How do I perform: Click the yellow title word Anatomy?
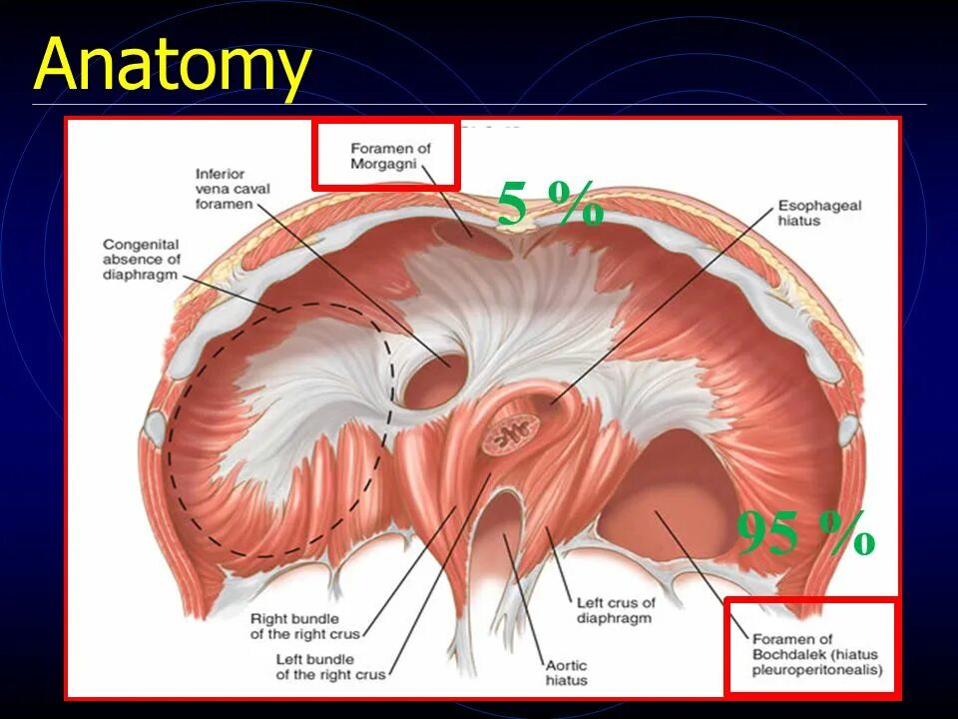pos(172,66)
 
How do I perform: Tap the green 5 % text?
pos(550,206)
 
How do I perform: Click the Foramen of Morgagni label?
pos(390,156)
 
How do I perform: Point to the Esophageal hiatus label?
pos(819,213)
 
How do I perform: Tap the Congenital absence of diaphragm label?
pos(140,259)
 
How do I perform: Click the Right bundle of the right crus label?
pos(305,626)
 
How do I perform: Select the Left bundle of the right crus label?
pos(330,667)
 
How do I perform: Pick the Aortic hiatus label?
pos(566,673)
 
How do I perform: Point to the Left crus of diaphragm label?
pos(615,610)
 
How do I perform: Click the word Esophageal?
pos(819,206)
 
